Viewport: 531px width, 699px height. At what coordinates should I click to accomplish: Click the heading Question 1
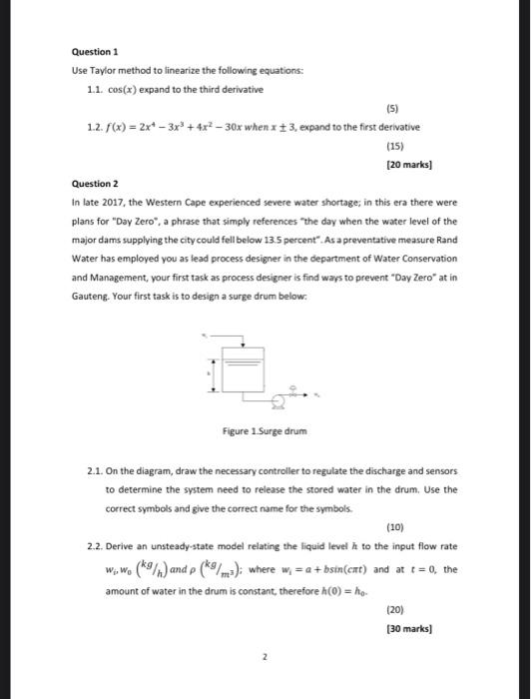pos(94,49)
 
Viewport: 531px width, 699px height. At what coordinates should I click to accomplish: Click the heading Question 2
pos(94,184)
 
